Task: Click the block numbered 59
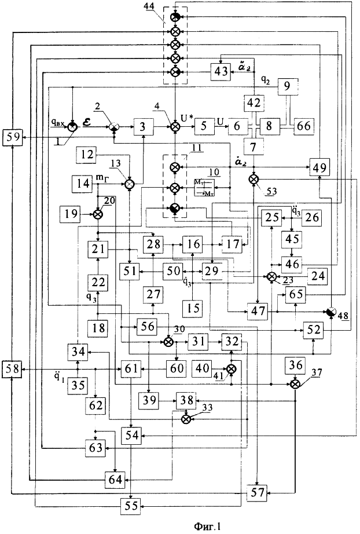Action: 13,137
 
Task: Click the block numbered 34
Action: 78,351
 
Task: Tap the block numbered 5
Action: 204,126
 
